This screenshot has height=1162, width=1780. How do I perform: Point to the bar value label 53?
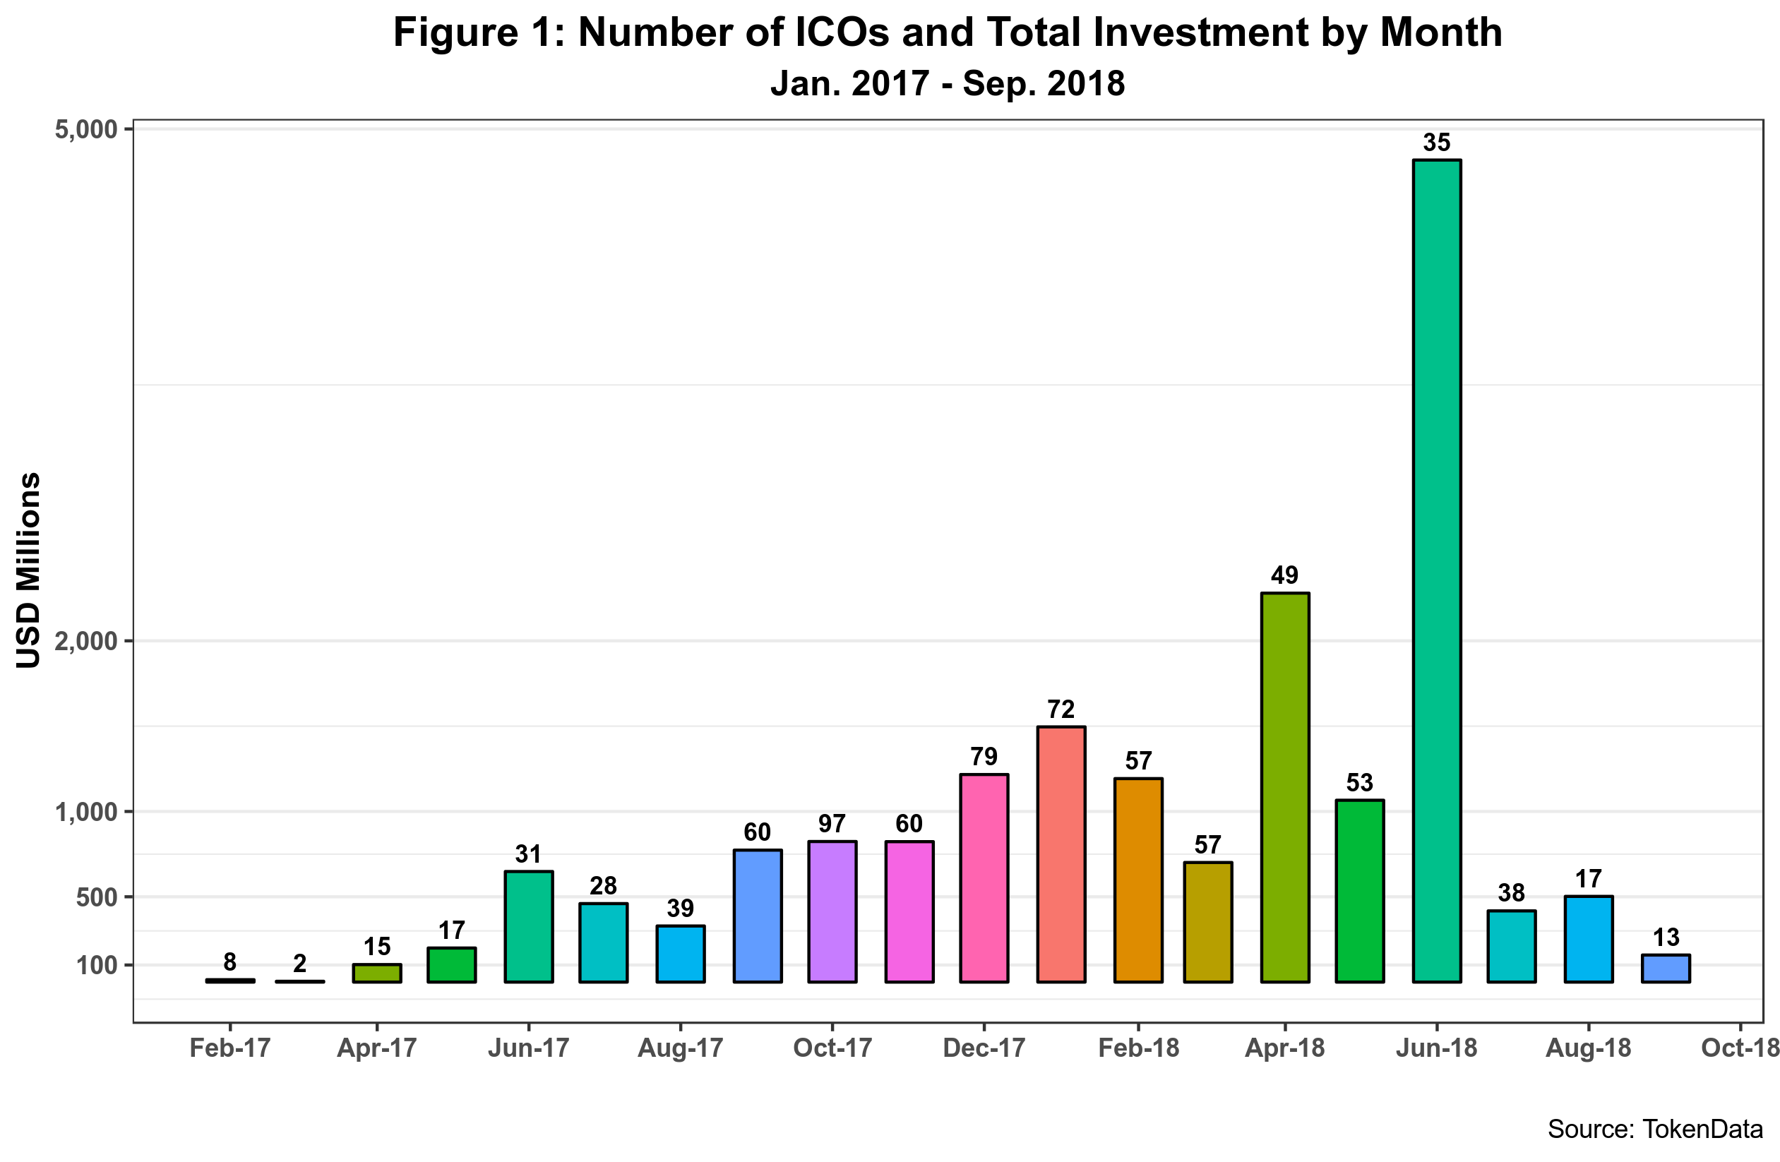1360,783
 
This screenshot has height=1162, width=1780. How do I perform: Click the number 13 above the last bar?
1666,938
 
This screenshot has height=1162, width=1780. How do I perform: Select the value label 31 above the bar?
528,854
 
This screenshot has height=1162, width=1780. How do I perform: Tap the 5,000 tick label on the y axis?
87,129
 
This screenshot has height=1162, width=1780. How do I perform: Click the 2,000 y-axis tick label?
87,641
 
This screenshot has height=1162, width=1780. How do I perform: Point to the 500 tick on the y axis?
97,897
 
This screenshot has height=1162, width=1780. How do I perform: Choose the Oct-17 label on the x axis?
832,1048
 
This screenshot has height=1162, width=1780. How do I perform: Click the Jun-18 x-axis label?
1437,1048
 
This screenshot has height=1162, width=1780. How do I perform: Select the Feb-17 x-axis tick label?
229,1048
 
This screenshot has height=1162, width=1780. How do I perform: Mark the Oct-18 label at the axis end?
1740,1048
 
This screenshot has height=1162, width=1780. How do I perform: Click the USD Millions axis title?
28,570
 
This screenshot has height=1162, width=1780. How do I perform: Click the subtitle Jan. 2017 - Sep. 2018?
948,83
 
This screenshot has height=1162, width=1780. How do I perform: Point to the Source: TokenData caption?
1655,1128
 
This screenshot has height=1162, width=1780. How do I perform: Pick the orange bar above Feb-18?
1138,880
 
